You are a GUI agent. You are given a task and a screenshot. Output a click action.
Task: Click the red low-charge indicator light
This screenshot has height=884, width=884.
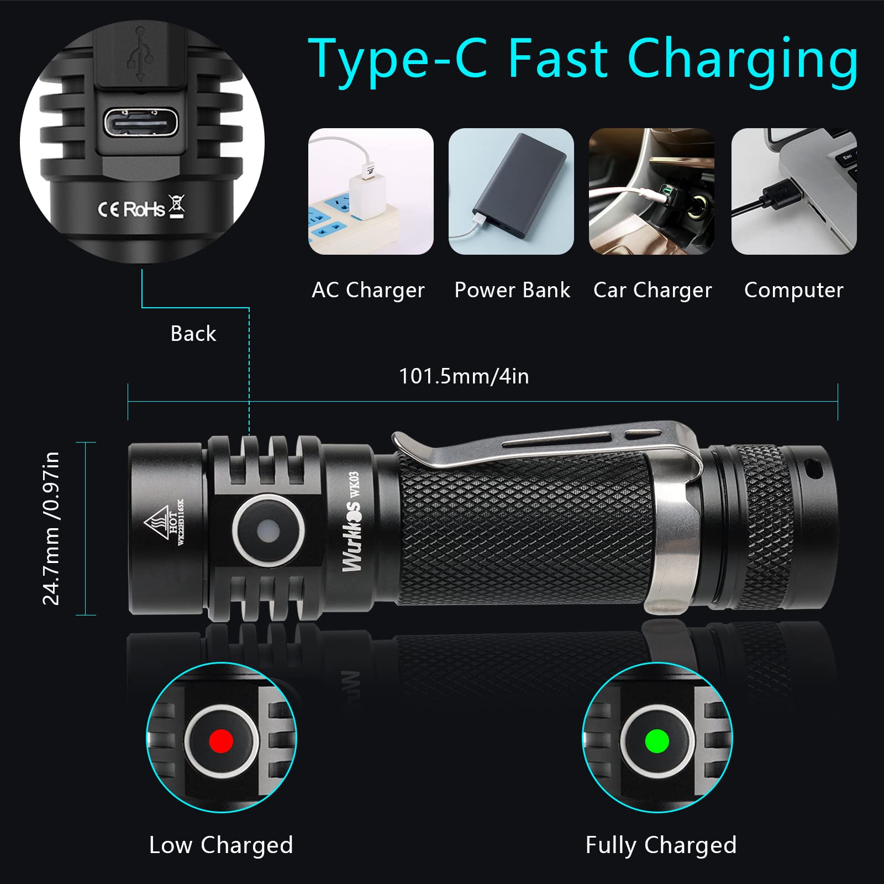pyautogui.click(x=221, y=740)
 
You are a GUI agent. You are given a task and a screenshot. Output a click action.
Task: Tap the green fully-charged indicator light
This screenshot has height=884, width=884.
pyautogui.click(x=657, y=740)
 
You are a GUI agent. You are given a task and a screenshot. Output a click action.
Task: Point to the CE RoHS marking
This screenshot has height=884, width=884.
pyautogui.click(x=141, y=208)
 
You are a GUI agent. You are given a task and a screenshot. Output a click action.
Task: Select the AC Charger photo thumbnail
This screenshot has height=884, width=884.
pyautogui.click(x=371, y=191)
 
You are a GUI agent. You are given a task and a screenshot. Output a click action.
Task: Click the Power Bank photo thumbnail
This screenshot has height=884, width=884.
pyautogui.click(x=511, y=191)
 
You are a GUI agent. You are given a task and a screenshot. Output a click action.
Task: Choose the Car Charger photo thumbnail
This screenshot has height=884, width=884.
pyautogui.click(x=651, y=191)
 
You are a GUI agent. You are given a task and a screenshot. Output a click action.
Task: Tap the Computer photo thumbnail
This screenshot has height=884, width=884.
pyautogui.click(x=794, y=191)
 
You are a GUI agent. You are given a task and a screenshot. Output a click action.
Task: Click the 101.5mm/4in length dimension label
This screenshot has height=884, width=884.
pyautogui.click(x=464, y=376)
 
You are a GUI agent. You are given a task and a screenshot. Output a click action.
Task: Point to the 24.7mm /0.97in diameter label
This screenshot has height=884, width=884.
pyautogui.click(x=51, y=528)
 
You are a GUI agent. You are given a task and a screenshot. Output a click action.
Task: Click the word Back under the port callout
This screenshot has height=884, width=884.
pyautogui.click(x=193, y=334)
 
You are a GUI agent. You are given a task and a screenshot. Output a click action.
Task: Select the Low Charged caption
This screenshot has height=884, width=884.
pyautogui.click(x=221, y=845)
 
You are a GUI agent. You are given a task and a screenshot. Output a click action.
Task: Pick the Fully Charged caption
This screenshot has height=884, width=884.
pyautogui.click(x=661, y=845)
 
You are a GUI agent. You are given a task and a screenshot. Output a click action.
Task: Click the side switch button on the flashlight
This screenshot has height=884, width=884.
pyautogui.click(x=269, y=531)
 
